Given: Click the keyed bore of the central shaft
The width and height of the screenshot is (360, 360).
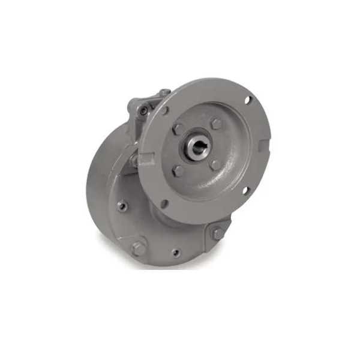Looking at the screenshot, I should [197, 149].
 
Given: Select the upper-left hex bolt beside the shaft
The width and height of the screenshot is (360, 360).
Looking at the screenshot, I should [178, 129].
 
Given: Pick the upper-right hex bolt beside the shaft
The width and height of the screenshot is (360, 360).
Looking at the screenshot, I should [216, 124].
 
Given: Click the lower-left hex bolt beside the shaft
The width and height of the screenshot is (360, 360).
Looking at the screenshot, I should [178, 170].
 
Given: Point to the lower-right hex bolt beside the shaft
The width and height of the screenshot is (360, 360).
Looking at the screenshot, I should [215, 164].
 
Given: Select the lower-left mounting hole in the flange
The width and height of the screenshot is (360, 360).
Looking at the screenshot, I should [164, 204].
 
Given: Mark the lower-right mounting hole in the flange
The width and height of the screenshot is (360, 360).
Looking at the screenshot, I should [245, 191].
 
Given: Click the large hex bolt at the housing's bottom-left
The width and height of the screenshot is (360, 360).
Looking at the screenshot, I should [139, 248].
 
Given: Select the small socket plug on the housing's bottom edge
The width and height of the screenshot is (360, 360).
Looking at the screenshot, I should [176, 253].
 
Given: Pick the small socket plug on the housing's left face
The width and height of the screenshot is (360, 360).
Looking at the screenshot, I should [122, 206].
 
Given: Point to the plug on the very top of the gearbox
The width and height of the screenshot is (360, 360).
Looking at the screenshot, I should [165, 92].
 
